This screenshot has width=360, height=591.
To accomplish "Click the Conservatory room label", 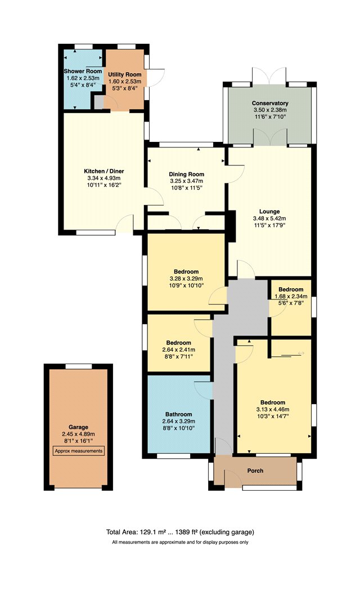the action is (x=270, y=103).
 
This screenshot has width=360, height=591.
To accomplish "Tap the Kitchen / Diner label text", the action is (x=104, y=171).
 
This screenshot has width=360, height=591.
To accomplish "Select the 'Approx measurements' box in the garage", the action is (x=78, y=451).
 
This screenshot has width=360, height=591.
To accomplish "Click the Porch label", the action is (x=255, y=471).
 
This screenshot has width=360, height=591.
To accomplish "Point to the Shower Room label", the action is (x=83, y=71).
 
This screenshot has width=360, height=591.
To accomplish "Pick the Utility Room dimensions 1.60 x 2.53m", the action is (x=125, y=82).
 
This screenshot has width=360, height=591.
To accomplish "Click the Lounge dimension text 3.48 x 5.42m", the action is (x=269, y=218).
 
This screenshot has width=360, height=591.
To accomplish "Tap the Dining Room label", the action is (x=186, y=174).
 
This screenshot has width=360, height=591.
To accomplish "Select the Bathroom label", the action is (x=178, y=414).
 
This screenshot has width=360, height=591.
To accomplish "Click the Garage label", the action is (x=78, y=427).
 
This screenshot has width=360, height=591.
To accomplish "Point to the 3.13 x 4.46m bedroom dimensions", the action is (x=273, y=409).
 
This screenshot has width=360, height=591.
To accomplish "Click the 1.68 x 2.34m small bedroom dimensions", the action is (x=291, y=296).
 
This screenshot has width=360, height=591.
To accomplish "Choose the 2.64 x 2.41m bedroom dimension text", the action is (x=178, y=350).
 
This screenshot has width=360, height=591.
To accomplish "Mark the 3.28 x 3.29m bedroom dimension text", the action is (x=186, y=279).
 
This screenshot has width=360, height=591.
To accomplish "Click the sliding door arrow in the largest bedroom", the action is (x=301, y=353).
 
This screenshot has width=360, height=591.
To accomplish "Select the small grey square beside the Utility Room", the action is (x=98, y=102).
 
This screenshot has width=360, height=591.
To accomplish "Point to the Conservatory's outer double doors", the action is (x=269, y=76).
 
